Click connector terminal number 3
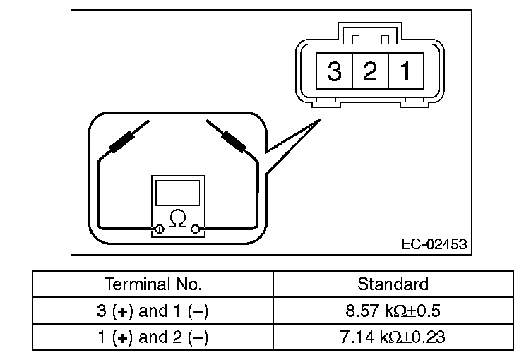click(335, 71)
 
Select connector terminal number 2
click(370, 71)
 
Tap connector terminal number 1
click(405, 71)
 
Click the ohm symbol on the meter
click(178, 217)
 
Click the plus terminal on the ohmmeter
click(159, 229)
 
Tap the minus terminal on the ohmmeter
click(196, 229)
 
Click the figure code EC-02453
click(434, 245)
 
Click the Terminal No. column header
click(153, 284)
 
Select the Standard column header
click(393, 284)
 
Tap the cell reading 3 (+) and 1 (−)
click(153, 311)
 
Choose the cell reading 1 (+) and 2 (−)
click(153, 337)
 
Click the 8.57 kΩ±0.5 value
click(393, 311)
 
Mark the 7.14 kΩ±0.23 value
click(393, 337)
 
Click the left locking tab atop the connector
click(357, 38)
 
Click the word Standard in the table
click(393, 284)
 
